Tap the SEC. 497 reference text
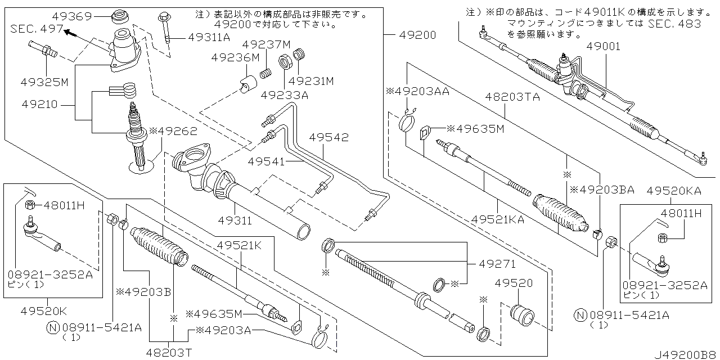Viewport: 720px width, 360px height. coord(37,29)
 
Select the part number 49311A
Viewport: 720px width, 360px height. coord(209,38)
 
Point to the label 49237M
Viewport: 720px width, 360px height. coord(266,44)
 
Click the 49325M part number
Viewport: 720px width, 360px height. coord(44,82)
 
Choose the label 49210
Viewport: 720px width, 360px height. coord(39,105)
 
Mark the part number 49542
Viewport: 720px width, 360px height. coord(329,138)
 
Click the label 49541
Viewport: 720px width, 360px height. coord(266,161)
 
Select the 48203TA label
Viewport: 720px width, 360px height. coord(512,97)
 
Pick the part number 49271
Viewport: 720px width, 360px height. coord(497,264)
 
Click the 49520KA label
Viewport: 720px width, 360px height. coord(674,191)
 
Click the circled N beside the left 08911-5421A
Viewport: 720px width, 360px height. coord(53,328)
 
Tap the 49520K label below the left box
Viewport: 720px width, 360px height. coord(44,311)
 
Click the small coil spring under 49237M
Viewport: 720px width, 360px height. coord(265,74)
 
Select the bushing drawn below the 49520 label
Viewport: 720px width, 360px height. coord(522,314)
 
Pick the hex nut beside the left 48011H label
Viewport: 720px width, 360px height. coord(30,204)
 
